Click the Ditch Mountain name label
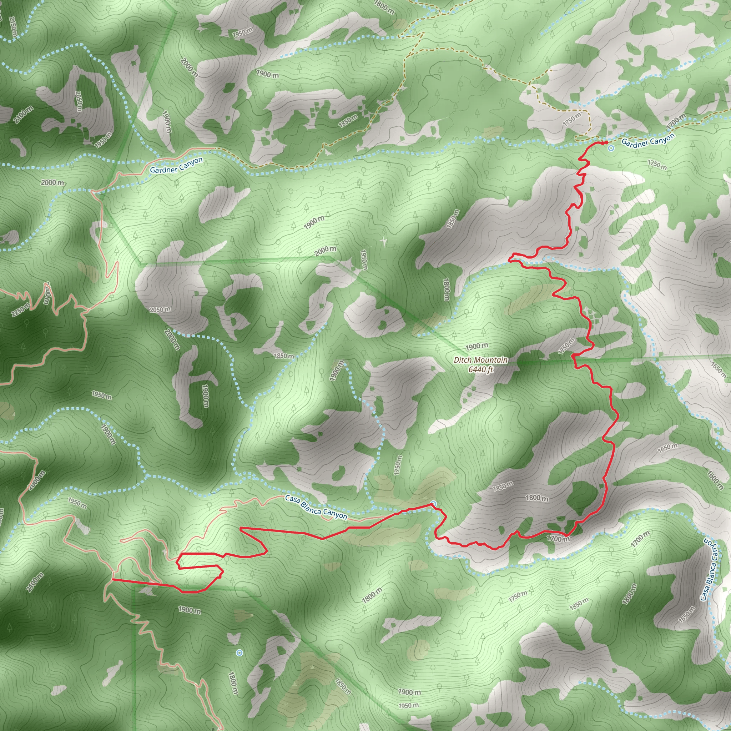pyautogui.click(x=481, y=360)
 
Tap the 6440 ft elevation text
pyautogui.click(x=481, y=370)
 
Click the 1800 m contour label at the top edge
pyautogui.click(x=384, y=7)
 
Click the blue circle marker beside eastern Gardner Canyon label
pyautogui.click(x=611, y=149)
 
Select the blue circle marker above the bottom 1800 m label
pyautogui.click(x=239, y=653)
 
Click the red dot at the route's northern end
pyautogui.click(x=606, y=143)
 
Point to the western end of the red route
pyautogui.click(x=113, y=579)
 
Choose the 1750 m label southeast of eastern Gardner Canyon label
pyautogui.click(x=657, y=165)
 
